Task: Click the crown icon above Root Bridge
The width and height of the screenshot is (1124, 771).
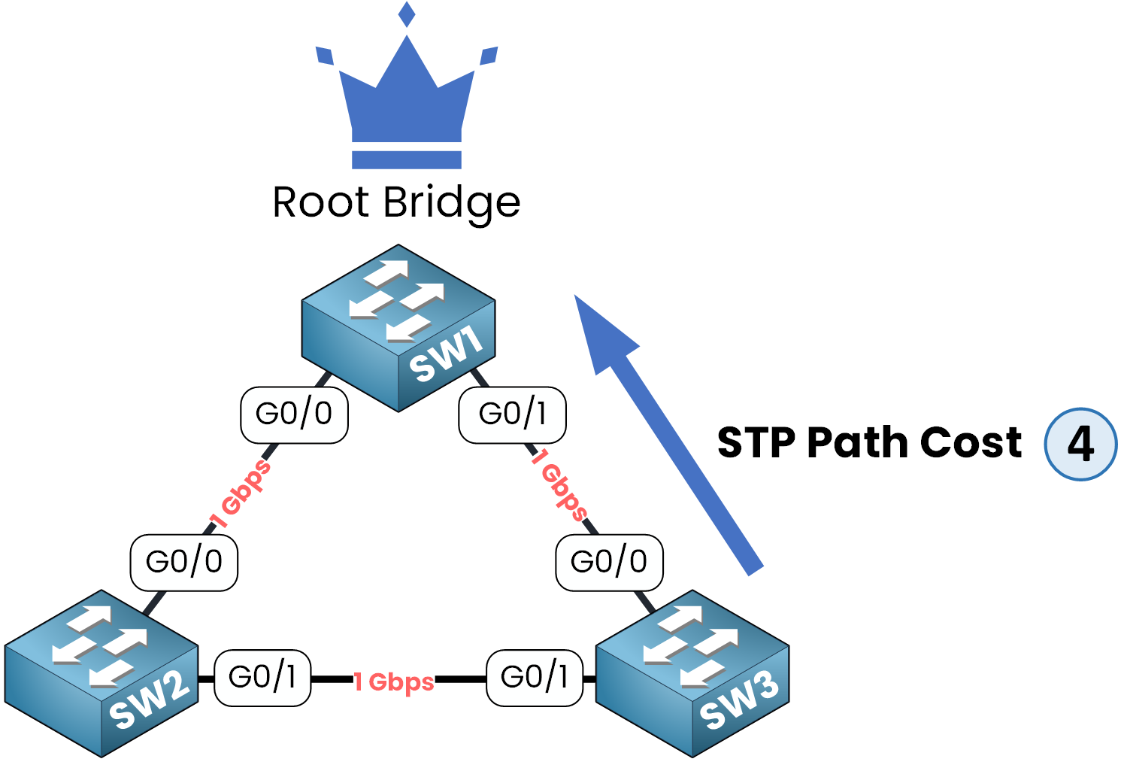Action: point(407,98)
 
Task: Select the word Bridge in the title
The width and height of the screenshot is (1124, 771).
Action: point(451,203)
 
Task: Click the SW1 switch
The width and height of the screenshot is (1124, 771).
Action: point(398,327)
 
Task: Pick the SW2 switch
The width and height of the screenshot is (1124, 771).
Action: point(101,673)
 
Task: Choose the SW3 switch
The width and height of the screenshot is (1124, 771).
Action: point(692,673)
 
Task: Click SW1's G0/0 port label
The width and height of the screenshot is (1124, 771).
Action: point(294,414)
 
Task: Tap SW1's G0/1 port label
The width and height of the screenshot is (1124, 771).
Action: point(512,414)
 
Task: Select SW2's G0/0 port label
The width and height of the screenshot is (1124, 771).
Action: point(184,562)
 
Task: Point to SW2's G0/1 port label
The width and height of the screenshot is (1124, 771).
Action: point(262,678)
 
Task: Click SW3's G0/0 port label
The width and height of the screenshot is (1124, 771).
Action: point(609,562)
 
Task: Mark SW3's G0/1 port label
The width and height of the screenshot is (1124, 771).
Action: point(535,678)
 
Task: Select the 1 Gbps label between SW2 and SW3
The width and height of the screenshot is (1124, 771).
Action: point(394,681)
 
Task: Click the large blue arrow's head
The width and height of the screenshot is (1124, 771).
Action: point(601,331)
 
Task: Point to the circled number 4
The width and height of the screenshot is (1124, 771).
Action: point(1080,444)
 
